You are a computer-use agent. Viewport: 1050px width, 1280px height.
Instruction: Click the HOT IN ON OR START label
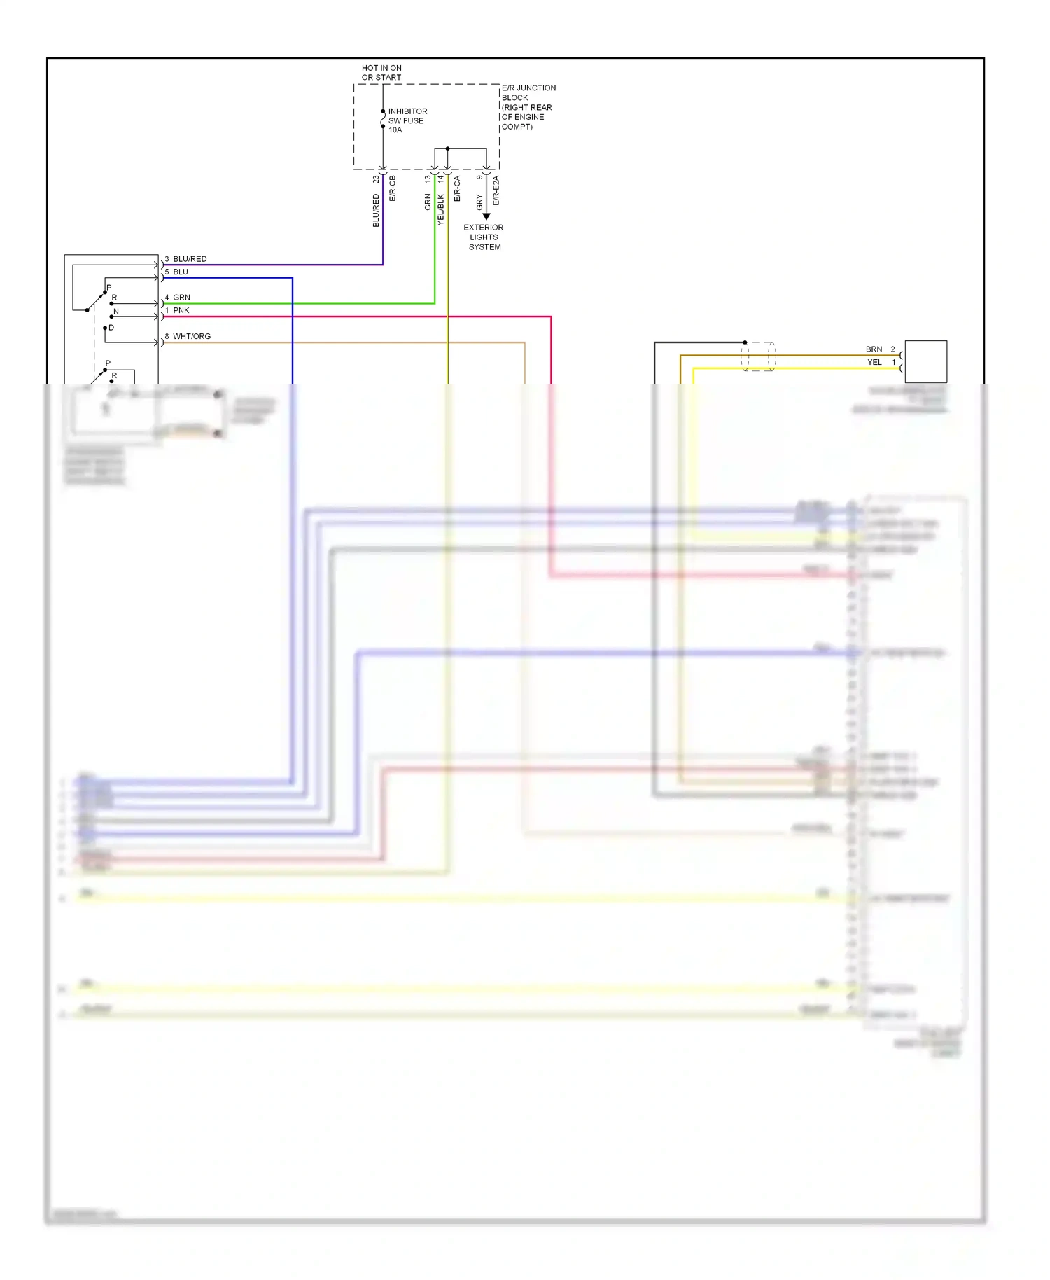click(x=381, y=73)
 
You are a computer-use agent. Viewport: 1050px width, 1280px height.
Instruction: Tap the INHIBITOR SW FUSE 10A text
click(x=407, y=120)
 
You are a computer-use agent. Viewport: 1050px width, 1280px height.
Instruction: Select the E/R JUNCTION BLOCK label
click(x=528, y=106)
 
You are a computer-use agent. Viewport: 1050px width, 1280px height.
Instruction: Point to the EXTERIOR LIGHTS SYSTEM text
click(x=484, y=237)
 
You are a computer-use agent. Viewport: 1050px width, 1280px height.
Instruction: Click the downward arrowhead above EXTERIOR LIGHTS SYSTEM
click(x=486, y=216)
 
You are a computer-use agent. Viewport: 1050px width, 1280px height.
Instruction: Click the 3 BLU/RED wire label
click(x=186, y=259)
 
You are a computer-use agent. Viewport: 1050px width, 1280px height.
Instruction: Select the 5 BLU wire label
click(x=177, y=272)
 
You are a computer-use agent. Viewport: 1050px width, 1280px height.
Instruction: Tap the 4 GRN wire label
click(x=178, y=298)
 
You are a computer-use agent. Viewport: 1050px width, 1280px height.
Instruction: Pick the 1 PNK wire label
click(x=178, y=310)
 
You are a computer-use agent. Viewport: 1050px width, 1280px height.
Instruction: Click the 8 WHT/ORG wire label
click(x=188, y=336)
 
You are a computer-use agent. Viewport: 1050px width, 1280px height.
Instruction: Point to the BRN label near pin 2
click(x=874, y=349)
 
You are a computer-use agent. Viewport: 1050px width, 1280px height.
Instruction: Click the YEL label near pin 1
click(x=874, y=362)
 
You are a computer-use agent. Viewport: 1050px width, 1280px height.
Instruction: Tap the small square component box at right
click(x=925, y=361)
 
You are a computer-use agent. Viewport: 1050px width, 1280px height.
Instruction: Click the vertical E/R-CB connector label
click(x=393, y=189)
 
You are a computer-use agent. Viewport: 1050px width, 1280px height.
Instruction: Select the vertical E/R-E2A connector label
click(x=496, y=190)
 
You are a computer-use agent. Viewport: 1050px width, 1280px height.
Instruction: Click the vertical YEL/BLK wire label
click(x=441, y=209)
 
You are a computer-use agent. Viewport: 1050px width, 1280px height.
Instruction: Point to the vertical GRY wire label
click(x=479, y=203)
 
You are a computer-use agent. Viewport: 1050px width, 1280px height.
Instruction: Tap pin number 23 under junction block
click(x=376, y=179)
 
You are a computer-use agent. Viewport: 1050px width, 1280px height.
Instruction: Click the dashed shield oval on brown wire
click(x=758, y=356)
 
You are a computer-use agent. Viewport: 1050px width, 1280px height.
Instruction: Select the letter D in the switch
click(x=111, y=328)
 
